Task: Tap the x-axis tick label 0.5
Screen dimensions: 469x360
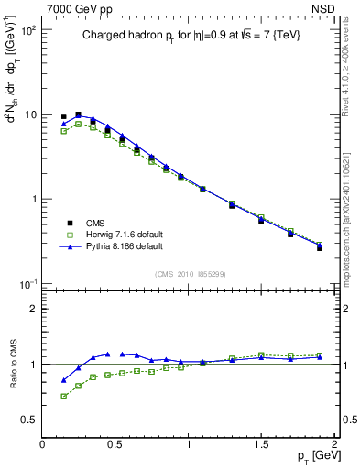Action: (115, 444)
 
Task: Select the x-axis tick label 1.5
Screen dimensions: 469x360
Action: (261, 444)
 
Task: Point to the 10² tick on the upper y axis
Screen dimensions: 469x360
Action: (27, 30)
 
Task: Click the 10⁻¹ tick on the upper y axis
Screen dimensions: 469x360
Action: (27, 283)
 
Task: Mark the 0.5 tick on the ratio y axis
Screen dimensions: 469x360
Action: (28, 420)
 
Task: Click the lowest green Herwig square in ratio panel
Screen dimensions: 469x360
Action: (63, 396)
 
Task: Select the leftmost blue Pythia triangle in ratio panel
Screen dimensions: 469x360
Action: (63, 379)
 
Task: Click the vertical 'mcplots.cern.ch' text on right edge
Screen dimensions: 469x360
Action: (353, 220)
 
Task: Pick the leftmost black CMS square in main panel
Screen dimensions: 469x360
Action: (63, 116)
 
